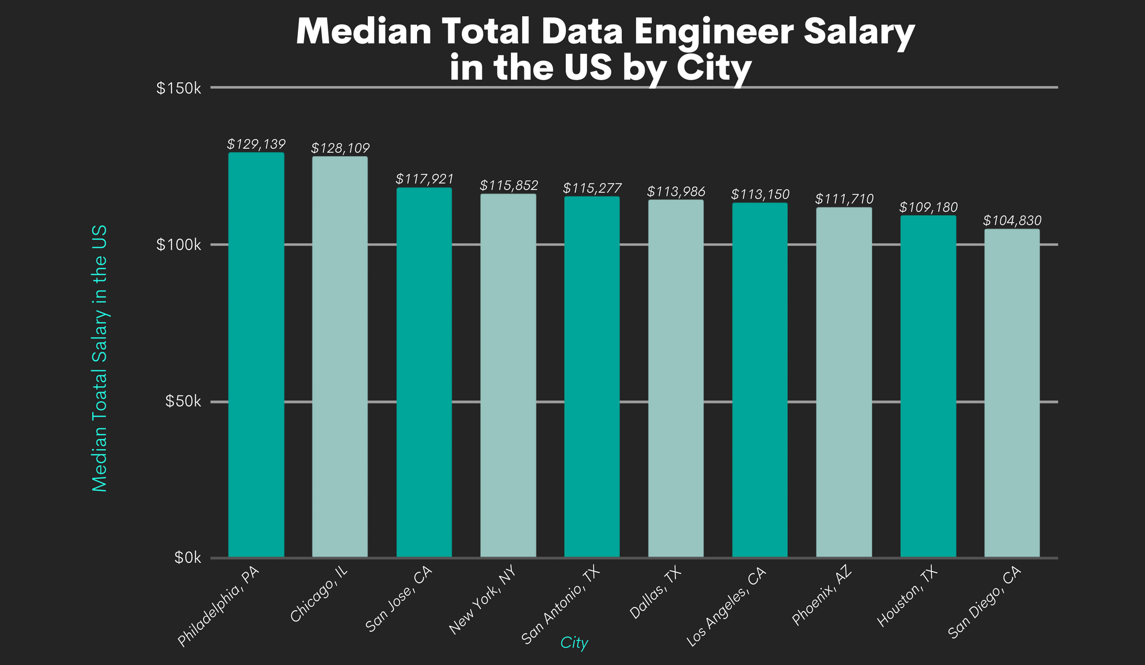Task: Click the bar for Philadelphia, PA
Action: (x=256, y=355)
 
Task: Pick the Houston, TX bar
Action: (x=928, y=386)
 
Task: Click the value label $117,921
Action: (x=424, y=180)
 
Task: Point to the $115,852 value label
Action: (x=508, y=186)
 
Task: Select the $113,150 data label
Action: (x=760, y=195)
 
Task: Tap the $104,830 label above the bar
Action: (x=1012, y=221)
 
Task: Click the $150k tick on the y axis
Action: (x=178, y=88)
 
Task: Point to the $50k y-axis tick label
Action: (x=182, y=402)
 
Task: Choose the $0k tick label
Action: (x=186, y=558)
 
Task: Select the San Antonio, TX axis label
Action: (x=560, y=605)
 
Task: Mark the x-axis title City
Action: (x=574, y=644)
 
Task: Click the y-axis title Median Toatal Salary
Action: (x=100, y=359)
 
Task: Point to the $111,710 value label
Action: (x=844, y=199)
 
